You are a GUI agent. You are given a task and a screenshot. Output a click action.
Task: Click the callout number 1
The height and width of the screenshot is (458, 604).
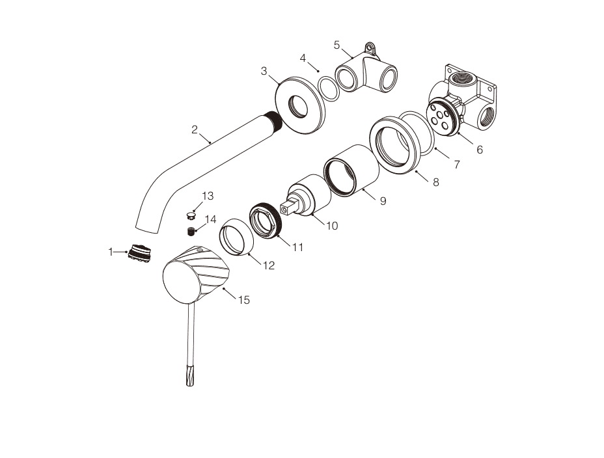pyautogui.click(x=111, y=252)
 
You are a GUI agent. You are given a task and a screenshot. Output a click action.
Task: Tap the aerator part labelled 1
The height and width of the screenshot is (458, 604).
pyautogui.click(x=139, y=253)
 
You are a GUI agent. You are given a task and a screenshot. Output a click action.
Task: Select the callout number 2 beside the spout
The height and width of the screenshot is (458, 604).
pyautogui.click(x=195, y=129)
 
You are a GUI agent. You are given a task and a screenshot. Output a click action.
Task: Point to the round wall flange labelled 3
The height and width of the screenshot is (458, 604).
pyautogui.click(x=300, y=105)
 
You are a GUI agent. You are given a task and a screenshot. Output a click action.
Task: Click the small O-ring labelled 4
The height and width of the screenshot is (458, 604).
pyautogui.click(x=329, y=89)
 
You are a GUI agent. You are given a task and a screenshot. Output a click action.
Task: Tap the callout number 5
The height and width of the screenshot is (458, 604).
pyautogui.click(x=336, y=46)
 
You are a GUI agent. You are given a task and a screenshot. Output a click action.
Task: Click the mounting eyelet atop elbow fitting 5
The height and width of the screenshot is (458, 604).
pyautogui.click(x=370, y=48)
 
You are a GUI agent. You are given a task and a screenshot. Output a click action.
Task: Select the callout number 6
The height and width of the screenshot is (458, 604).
pyautogui.click(x=480, y=150)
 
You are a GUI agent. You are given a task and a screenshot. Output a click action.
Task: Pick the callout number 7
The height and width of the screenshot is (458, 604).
pyautogui.click(x=457, y=165)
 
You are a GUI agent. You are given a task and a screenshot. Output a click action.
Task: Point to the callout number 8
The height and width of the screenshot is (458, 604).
pyautogui.click(x=435, y=182)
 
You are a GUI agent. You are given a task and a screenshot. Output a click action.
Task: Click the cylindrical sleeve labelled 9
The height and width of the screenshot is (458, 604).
pyautogui.click(x=351, y=170)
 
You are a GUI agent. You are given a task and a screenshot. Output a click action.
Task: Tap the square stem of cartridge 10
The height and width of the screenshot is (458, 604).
pyautogui.click(x=290, y=205)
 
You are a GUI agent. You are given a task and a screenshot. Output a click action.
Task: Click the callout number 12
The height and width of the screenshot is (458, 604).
pyautogui.click(x=269, y=265)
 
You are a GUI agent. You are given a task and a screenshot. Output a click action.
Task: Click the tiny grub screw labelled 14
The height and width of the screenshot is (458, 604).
pyautogui.click(x=191, y=232)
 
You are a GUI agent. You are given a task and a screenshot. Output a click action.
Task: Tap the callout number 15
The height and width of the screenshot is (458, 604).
pyautogui.click(x=244, y=300)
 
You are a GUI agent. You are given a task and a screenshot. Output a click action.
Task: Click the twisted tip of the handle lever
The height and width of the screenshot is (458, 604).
pyautogui.click(x=190, y=377)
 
